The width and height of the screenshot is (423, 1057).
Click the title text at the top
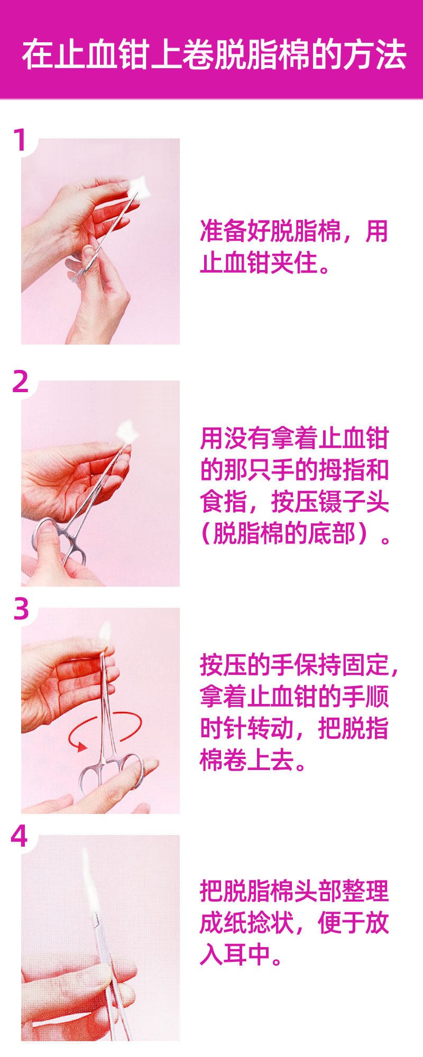[x=214, y=54]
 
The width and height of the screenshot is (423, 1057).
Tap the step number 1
[x=20, y=141]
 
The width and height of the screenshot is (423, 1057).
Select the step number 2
[x=21, y=381]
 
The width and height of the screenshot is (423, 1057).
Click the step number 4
[x=20, y=836]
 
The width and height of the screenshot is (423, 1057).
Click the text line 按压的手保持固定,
[x=299, y=665]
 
